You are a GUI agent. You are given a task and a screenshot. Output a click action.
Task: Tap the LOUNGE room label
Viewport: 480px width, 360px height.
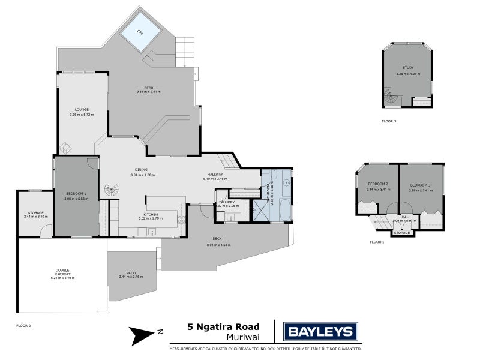click(82, 109)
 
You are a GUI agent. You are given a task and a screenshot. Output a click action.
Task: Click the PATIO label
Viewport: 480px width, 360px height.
click(131, 272)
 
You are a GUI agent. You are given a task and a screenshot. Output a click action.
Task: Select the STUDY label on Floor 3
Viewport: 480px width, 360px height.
click(408, 69)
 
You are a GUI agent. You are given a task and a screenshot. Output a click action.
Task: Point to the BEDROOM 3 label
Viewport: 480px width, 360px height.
click(420, 185)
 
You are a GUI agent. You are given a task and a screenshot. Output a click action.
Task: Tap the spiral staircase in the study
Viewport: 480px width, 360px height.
click(391, 98)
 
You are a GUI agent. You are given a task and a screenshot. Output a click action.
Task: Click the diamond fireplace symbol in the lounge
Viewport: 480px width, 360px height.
click(65, 148)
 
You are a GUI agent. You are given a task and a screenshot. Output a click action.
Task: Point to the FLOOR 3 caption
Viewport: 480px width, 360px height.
click(389, 121)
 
